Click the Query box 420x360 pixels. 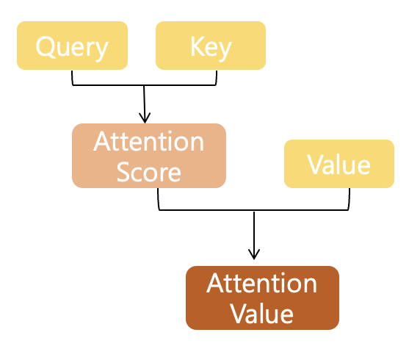[72, 46]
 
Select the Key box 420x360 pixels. [211, 46]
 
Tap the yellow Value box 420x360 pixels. [339, 164]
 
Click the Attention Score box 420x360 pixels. [149, 156]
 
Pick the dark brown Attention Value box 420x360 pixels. [263, 298]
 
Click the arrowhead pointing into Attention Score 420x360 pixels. [145, 118]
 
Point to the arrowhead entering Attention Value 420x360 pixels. [254, 254]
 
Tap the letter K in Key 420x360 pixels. [196, 46]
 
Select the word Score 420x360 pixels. [149, 173]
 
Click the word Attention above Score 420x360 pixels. [148, 142]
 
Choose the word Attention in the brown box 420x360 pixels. [262, 284]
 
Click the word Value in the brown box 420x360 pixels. [262, 314]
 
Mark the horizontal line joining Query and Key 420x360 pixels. [144, 85]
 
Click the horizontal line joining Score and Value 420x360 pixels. [253, 210]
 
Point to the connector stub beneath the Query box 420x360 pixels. [72, 78]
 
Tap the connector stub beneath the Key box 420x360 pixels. [216, 78]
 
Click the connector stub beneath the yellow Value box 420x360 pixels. [349, 199]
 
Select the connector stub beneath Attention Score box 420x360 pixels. [159, 199]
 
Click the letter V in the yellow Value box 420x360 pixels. [315, 165]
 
